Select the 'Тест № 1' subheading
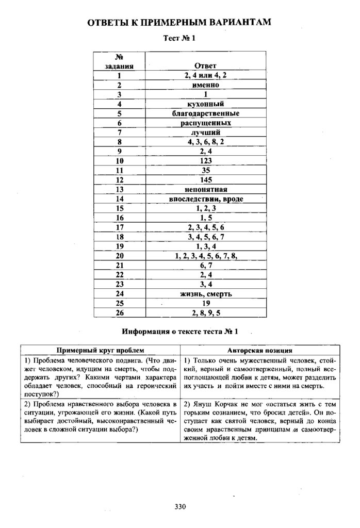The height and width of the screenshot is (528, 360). (x=179, y=38)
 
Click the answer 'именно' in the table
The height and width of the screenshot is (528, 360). (x=205, y=85)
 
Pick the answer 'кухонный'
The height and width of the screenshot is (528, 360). (x=205, y=104)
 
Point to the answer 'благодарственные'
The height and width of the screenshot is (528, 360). (x=205, y=113)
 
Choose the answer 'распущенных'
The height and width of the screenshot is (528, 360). (x=205, y=123)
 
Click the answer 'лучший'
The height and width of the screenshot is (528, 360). (x=205, y=133)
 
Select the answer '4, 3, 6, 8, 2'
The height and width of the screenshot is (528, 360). (x=205, y=142)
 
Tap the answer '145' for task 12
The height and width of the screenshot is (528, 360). (x=205, y=180)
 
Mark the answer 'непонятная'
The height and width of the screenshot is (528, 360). (x=205, y=189)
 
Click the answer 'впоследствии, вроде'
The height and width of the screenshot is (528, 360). (x=205, y=199)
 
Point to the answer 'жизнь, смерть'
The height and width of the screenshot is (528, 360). (x=205, y=294)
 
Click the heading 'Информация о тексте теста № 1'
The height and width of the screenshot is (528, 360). (x=180, y=331)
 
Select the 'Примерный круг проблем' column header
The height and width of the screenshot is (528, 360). (x=101, y=350)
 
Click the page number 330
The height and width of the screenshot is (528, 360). (x=179, y=507)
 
